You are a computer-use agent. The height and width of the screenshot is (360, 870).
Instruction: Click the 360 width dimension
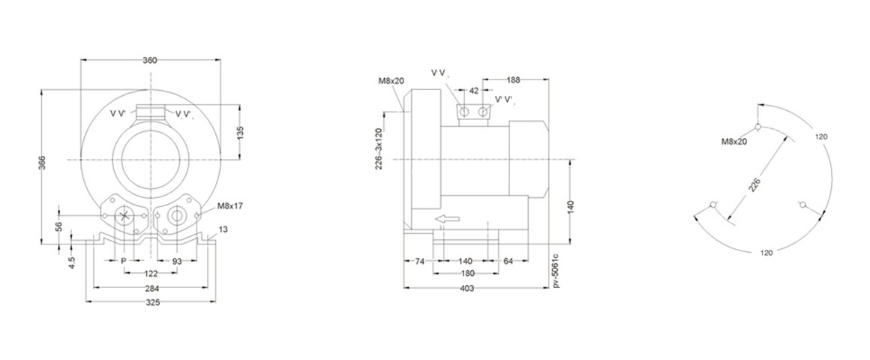pos(150,61)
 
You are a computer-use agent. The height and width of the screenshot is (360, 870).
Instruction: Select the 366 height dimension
pos(42,163)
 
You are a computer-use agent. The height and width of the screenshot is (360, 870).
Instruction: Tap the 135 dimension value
pos(240,133)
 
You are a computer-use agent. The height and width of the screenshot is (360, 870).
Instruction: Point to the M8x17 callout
pos(229,205)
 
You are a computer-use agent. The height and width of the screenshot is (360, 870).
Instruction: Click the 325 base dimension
pos(152,302)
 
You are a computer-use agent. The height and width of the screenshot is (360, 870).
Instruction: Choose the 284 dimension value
pos(152,288)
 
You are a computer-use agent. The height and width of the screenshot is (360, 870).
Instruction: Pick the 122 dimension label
pos(151,273)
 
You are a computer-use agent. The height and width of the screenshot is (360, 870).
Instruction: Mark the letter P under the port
pos(124,260)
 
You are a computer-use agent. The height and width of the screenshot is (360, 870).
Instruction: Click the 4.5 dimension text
pos(71,261)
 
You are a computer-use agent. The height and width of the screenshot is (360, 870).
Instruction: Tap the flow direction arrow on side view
pos(447,220)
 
